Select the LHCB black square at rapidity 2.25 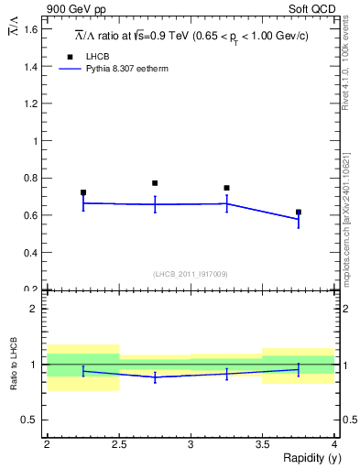83,192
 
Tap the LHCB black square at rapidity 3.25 226,188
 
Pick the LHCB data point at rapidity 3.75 298,212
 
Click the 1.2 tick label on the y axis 30,104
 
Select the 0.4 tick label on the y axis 30,253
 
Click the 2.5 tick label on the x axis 119,444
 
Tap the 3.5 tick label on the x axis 263,444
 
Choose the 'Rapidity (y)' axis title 307,458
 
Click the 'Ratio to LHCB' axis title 14,363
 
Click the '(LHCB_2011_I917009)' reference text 191,273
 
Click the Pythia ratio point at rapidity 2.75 155,376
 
